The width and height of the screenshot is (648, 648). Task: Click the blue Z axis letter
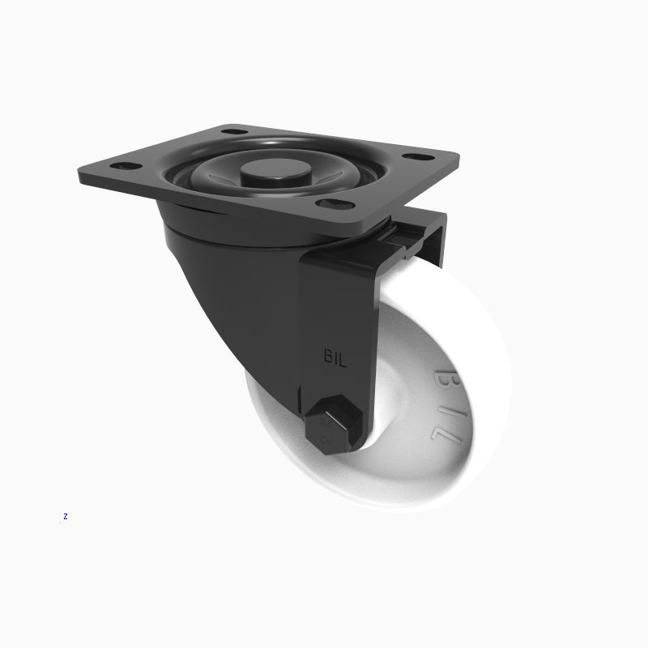pyautogui.click(x=65, y=516)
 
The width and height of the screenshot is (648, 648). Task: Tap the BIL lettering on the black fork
pyautogui.click(x=335, y=357)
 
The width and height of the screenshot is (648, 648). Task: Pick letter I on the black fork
pyautogui.click(x=335, y=357)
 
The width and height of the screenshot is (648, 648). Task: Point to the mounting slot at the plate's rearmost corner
pyautogui.click(x=233, y=130)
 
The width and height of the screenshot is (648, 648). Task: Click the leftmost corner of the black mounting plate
pyautogui.click(x=81, y=173)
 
